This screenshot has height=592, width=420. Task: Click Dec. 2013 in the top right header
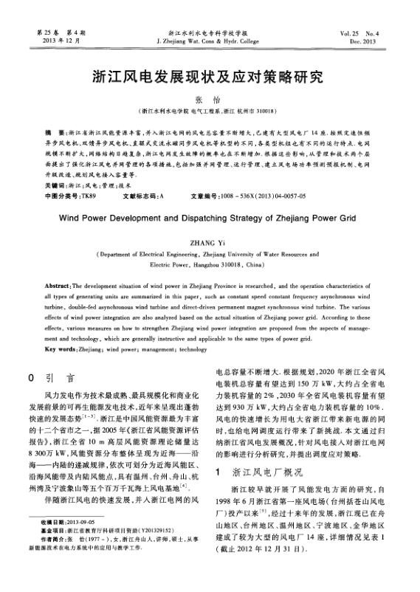click(x=381, y=41)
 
